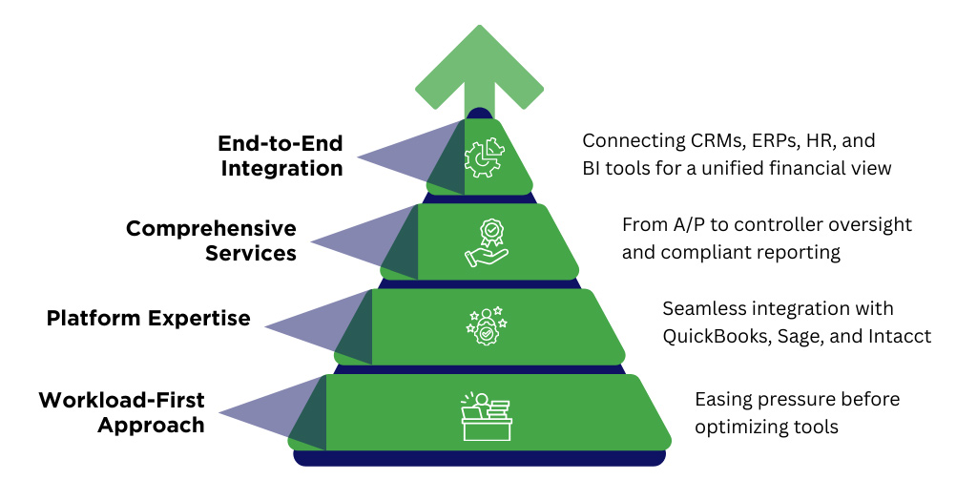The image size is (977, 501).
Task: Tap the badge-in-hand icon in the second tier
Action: (488, 242)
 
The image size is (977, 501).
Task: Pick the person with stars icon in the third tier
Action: (487, 325)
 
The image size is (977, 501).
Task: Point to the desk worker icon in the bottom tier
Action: (487, 415)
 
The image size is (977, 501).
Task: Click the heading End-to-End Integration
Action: (280, 157)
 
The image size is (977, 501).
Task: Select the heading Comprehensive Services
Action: (211, 240)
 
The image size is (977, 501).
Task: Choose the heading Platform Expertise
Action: (148, 318)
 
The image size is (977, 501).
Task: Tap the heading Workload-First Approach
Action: (121, 412)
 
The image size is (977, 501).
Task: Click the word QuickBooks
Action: (712, 336)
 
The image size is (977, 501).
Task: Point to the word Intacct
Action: (898, 336)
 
